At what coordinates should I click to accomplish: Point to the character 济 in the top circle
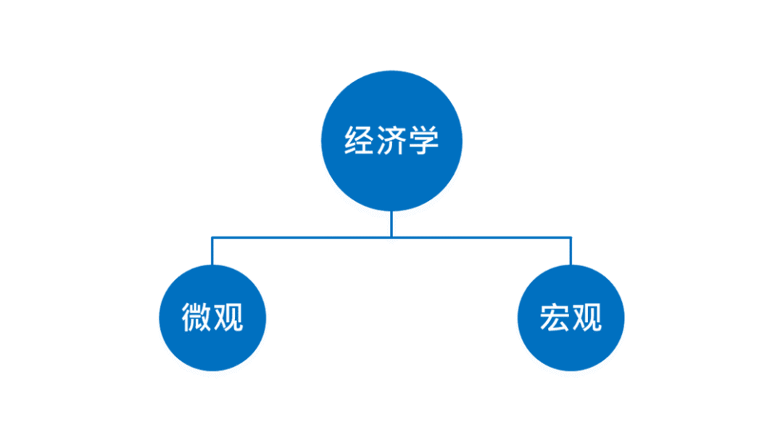391,140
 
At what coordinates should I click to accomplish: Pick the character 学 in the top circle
423,140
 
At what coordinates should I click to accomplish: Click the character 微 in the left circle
196,318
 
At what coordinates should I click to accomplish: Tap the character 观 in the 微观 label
228,318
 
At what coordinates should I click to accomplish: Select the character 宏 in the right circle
555,318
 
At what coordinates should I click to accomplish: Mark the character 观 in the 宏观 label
587,318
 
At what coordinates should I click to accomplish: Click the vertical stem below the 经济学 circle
391,223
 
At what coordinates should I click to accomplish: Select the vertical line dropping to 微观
212,252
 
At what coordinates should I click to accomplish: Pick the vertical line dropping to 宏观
571,252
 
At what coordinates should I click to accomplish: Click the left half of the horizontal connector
301,236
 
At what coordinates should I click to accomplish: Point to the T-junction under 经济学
391,236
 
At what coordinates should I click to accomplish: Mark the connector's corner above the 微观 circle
212,237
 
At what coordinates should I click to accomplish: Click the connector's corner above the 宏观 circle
571,237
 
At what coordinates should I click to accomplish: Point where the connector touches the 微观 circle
212,265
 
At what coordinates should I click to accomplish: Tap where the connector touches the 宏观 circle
571,265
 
